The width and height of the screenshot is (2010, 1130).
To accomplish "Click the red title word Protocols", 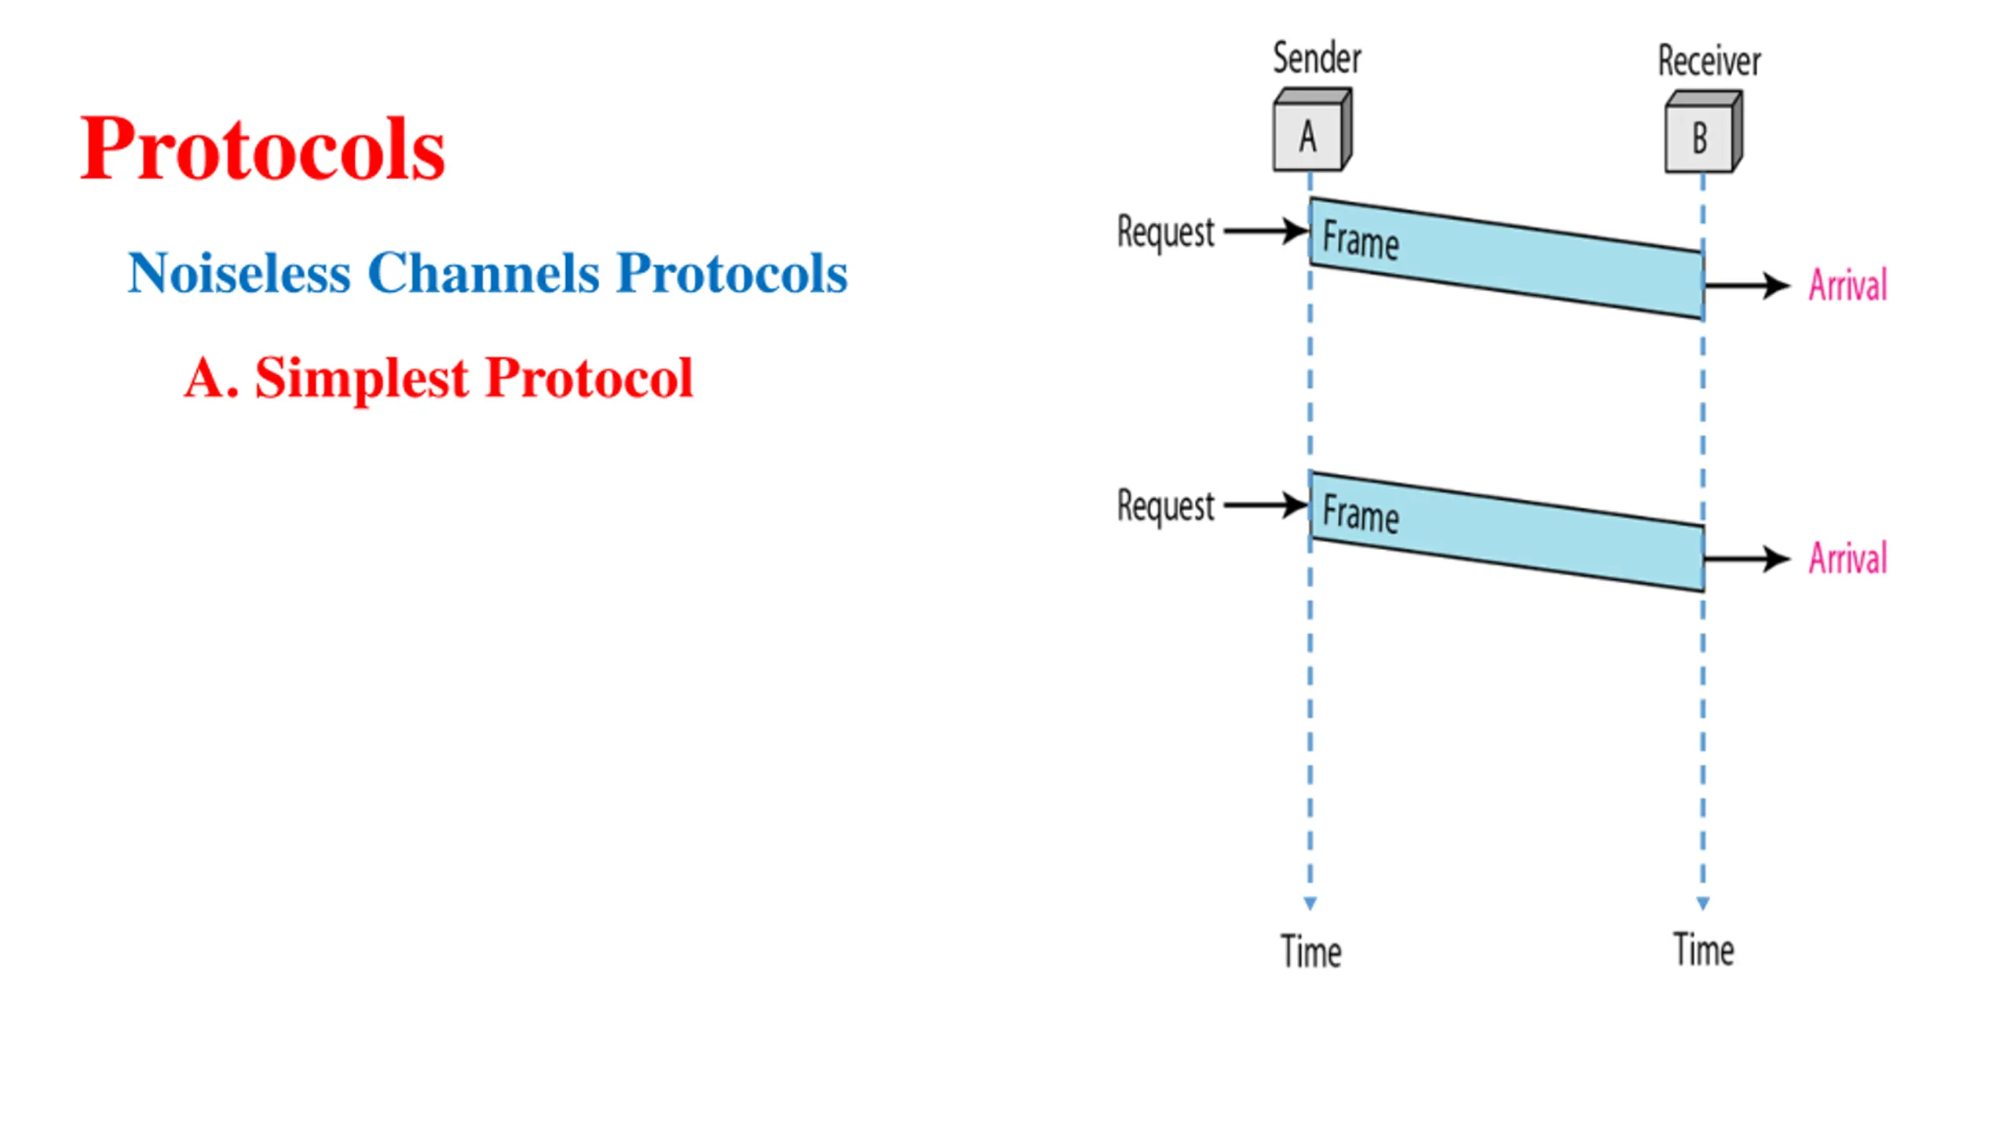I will (x=263, y=149).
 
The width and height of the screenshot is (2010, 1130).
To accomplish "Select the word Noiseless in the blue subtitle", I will (x=239, y=273).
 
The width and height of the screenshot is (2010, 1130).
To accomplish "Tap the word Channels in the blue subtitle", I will (x=484, y=273).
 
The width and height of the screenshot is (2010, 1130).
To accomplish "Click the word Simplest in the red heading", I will (x=362, y=378).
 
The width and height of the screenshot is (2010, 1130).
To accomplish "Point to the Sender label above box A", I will (x=1317, y=59).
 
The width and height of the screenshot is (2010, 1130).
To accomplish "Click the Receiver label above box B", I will (x=1709, y=61).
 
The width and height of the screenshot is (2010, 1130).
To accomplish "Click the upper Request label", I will (x=1165, y=233).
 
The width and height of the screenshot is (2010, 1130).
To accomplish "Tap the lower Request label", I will (x=1165, y=506).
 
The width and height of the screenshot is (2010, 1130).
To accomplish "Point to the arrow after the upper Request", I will (x=1266, y=231).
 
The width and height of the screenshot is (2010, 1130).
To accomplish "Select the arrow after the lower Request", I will (x=1266, y=505).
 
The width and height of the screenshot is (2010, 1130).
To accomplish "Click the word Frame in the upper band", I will (x=1361, y=240).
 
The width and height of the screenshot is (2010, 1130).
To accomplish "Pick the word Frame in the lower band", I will (x=1361, y=514).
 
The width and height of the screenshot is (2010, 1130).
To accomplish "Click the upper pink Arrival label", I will (x=1847, y=285).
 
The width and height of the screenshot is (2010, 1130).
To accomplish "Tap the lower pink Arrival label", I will (x=1847, y=559).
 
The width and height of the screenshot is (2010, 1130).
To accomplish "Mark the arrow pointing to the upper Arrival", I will (x=1746, y=286).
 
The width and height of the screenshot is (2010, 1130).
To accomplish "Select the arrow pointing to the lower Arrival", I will (x=1746, y=559).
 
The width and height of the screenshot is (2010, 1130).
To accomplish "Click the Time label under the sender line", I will (x=1310, y=951).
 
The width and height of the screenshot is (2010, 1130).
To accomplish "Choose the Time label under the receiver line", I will (x=1703, y=950).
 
